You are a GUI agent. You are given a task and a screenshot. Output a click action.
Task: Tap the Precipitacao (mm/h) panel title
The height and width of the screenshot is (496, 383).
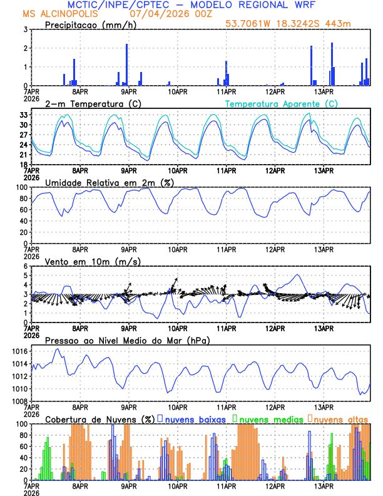pyautogui.click(x=91, y=25)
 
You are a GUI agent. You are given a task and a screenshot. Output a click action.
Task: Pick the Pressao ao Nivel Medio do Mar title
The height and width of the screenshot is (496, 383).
pyautogui.click(x=127, y=340)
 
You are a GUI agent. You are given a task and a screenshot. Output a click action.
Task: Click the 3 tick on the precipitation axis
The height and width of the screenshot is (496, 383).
pyautogui.click(x=26, y=29)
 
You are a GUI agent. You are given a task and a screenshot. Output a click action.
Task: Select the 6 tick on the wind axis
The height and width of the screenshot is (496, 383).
pyautogui.click(x=26, y=266)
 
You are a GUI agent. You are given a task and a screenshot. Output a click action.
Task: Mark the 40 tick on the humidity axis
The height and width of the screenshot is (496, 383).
pyautogui.click(x=23, y=221)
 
